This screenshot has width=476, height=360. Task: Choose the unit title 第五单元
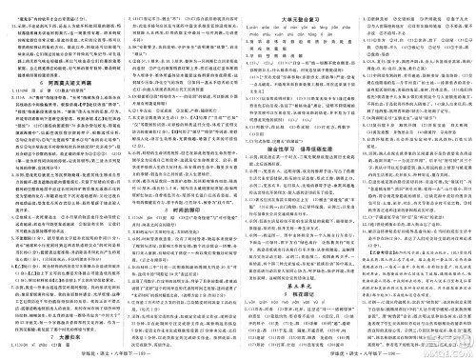(296, 285)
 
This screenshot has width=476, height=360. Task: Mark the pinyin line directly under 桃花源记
(296, 308)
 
